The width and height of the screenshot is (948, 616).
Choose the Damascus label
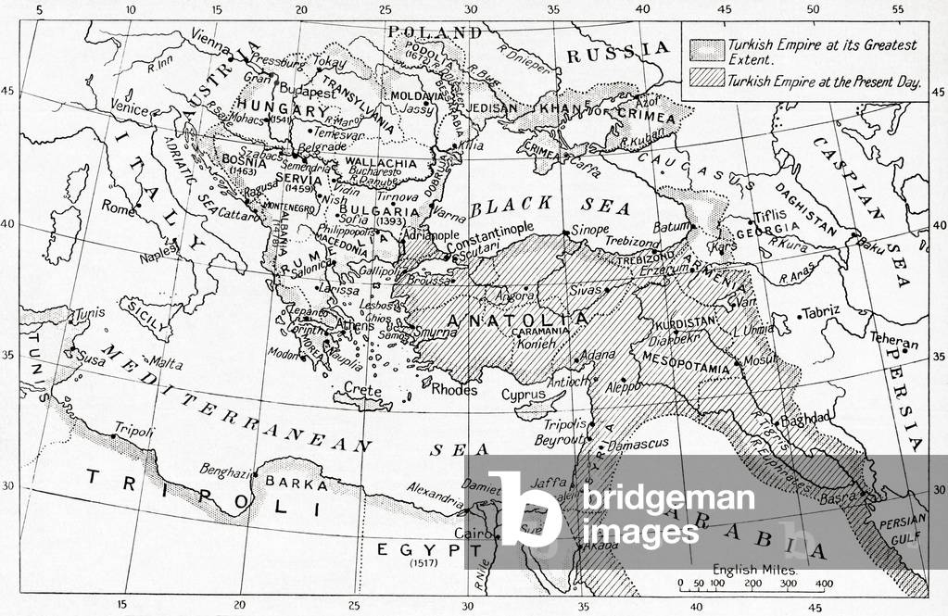pyautogui.click(x=639, y=444)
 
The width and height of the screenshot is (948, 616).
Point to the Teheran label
pyautogui.click(x=895, y=343)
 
